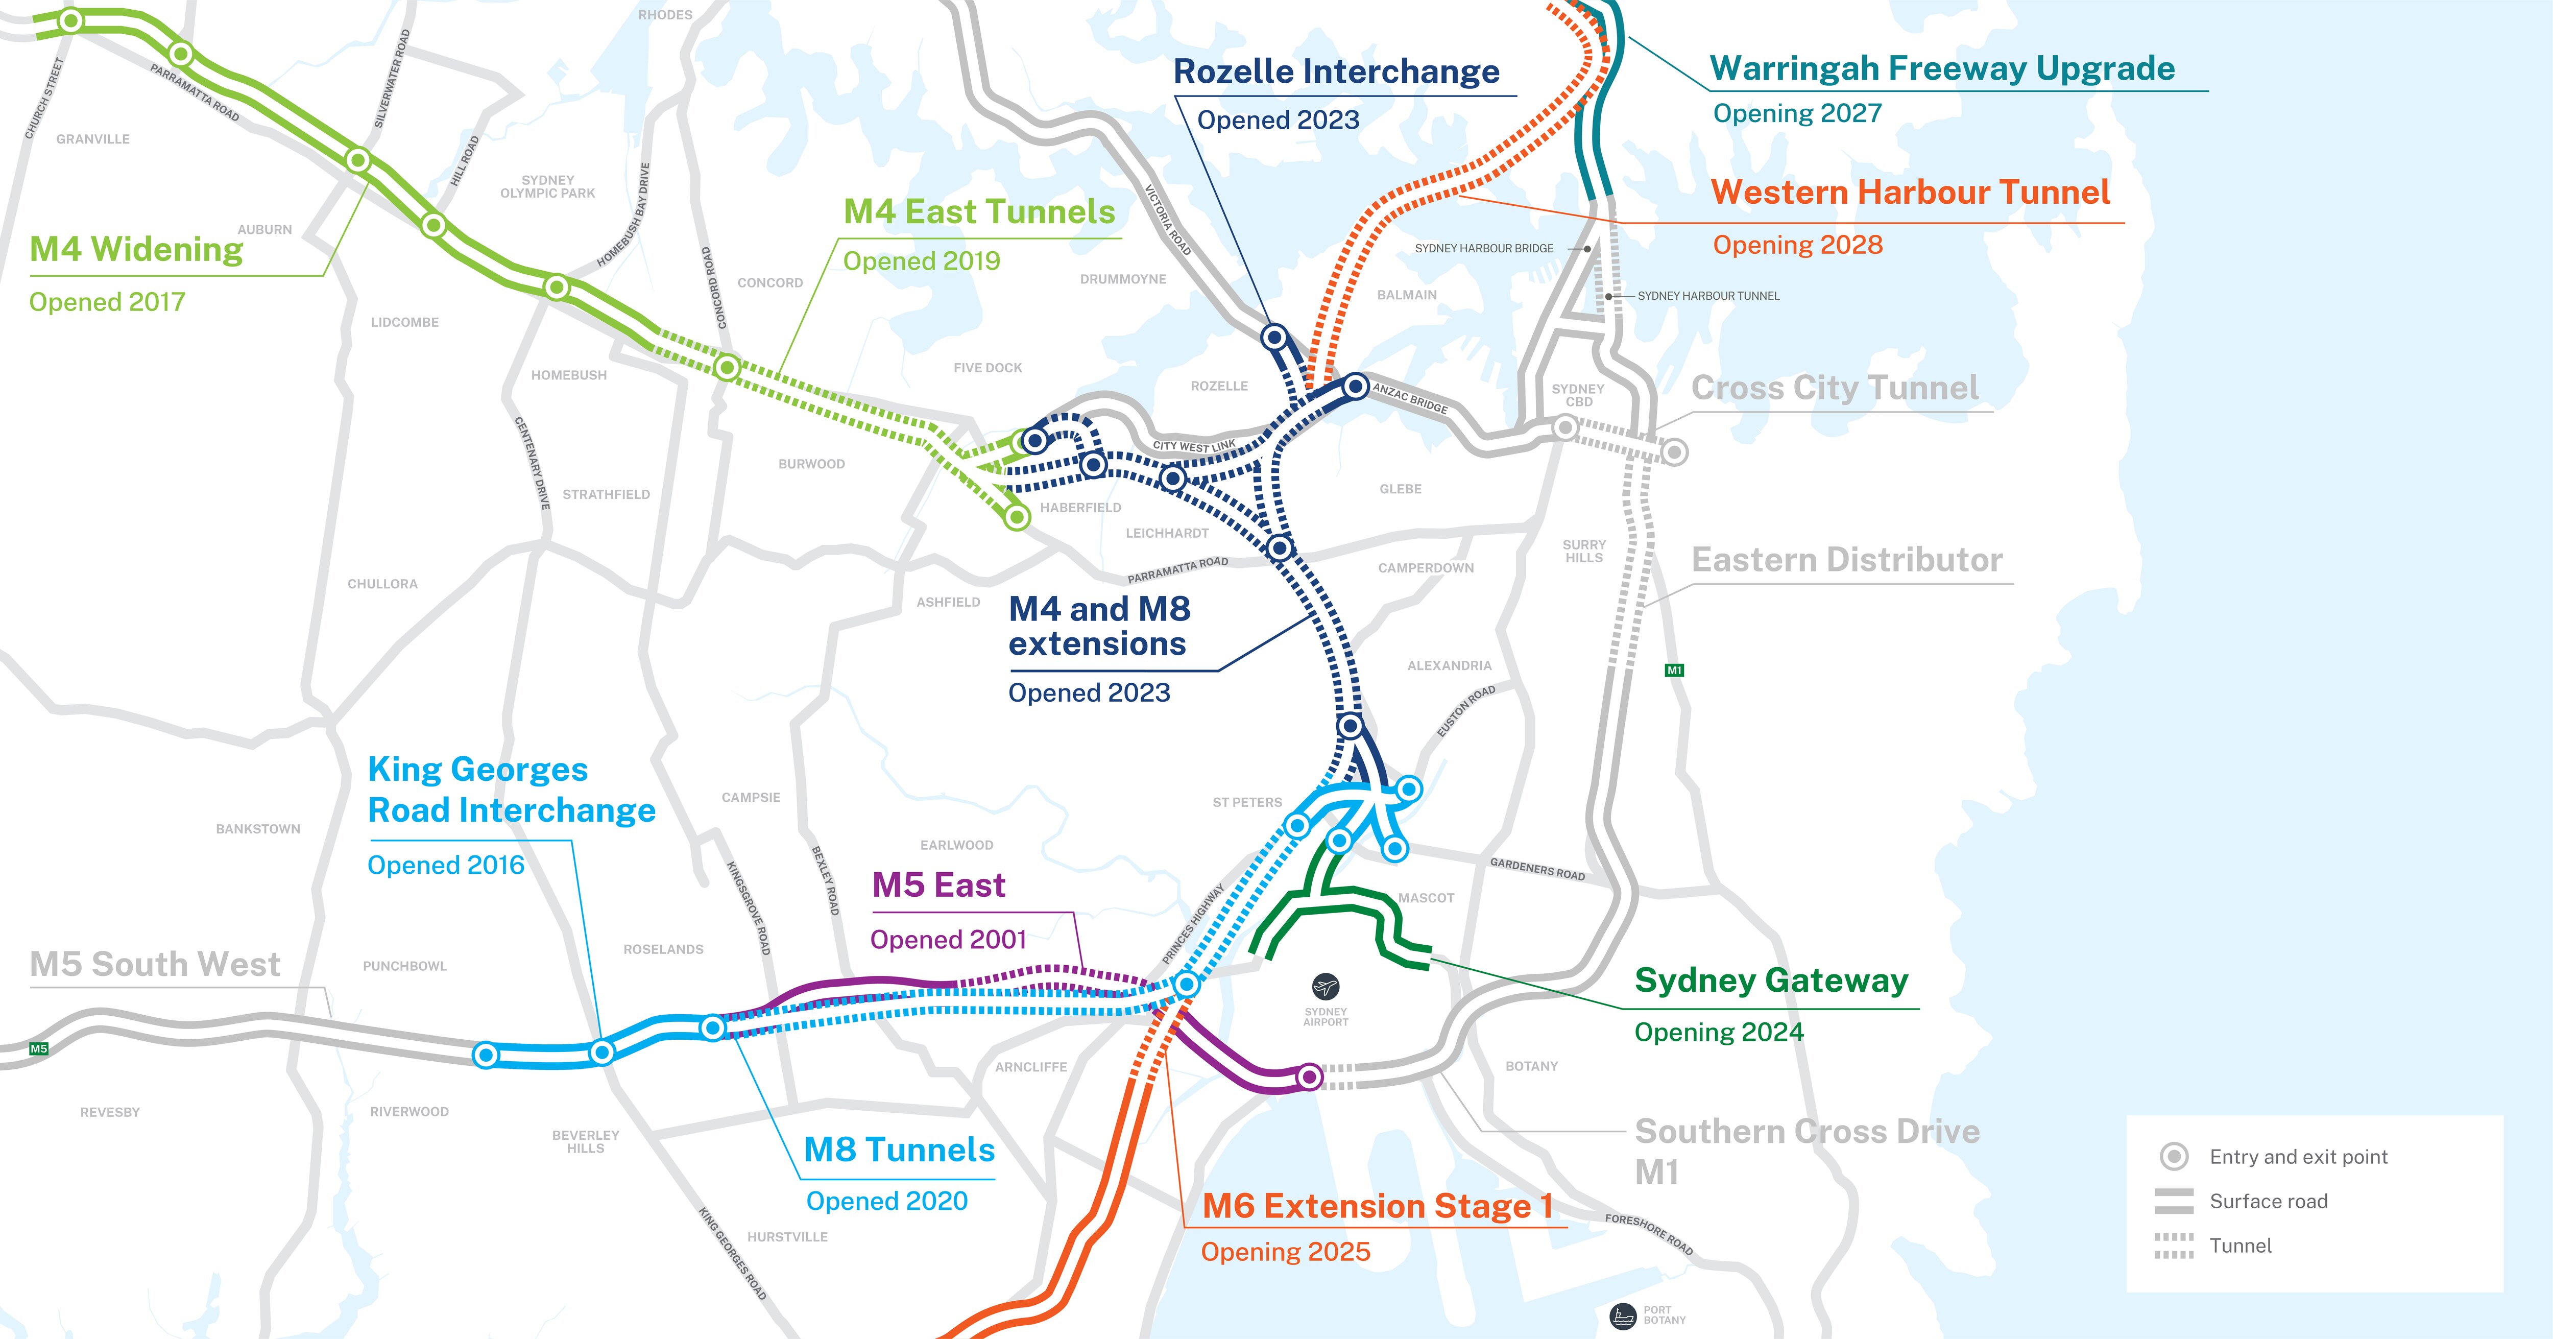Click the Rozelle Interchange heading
[x=1336, y=73]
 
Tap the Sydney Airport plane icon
[x=1325, y=986]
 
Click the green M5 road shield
[x=39, y=1048]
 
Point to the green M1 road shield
[x=1674, y=670]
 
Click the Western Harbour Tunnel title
[x=1910, y=193]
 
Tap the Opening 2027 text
[x=1797, y=114]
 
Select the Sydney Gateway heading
[x=1771, y=980]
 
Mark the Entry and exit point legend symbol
[x=2174, y=1157]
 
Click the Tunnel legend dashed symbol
[x=2174, y=1246]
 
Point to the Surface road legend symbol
[x=2174, y=1201]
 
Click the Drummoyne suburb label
[x=1123, y=279]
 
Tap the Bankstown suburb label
[x=258, y=828]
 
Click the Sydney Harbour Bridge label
[x=1484, y=249]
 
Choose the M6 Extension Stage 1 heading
[x=1377, y=1206]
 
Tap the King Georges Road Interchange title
[x=512, y=790]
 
